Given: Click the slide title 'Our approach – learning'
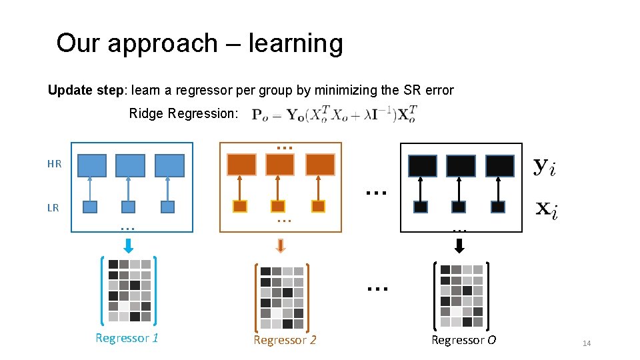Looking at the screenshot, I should pos(199,43).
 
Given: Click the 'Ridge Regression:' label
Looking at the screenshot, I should pos(183,113).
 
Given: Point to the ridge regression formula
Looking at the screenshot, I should pos(334,115).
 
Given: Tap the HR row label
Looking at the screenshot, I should pos(54,163).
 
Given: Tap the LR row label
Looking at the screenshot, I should pos(53,207).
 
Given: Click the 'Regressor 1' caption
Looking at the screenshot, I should pos(127,338).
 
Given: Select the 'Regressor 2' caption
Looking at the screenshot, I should pos(285,340).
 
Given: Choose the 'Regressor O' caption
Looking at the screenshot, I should pos(463,340).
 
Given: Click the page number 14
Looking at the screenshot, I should pos(587,343).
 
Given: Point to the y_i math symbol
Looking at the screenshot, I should pos(544,167).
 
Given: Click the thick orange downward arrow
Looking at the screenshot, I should pos(281,246).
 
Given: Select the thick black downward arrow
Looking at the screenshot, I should pos(458,246).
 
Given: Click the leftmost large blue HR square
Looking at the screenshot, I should pos(92,165).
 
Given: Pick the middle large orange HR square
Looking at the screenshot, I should pos(280,164).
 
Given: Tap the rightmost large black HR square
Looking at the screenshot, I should pos(499,165).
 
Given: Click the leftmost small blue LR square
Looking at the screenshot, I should pos(90,207).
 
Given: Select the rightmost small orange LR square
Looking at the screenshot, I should pos(318,207).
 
